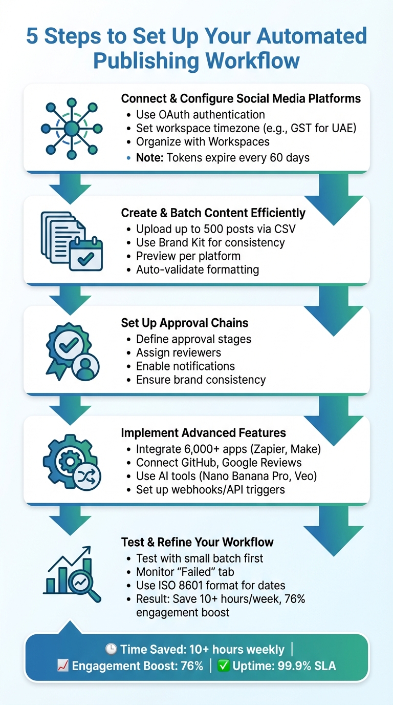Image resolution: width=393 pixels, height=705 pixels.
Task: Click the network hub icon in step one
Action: (71, 128)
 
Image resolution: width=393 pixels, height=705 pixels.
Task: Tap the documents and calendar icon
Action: (71, 240)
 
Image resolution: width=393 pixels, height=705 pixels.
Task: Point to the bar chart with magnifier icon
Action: (72, 573)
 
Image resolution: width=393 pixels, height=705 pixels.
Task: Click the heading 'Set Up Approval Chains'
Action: (185, 323)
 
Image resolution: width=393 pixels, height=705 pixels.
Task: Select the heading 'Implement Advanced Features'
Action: (203, 433)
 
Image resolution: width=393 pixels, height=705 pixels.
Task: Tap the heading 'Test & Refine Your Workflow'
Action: (197, 542)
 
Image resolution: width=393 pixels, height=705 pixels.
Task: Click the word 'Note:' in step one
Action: (149, 157)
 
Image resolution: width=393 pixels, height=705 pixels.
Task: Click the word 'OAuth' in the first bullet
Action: (174, 114)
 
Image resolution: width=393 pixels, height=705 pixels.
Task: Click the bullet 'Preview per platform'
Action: (188, 255)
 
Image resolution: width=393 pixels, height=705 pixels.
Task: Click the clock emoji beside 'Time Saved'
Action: (111, 650)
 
